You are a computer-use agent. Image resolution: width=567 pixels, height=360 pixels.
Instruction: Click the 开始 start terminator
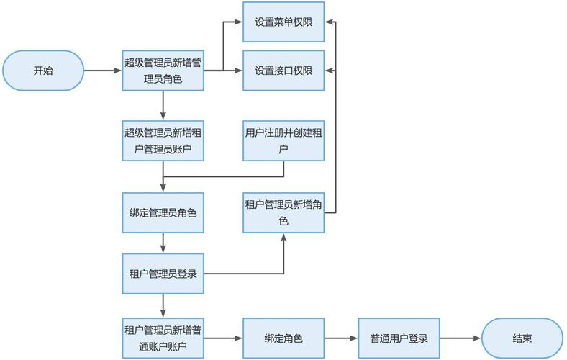(x=43, y=71)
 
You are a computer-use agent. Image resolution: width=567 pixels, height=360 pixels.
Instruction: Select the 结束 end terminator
(x=522, y=338)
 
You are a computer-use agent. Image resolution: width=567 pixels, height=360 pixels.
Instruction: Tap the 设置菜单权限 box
(x=283, y=22)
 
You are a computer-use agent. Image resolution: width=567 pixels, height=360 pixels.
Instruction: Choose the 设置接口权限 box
(x=283, y=71)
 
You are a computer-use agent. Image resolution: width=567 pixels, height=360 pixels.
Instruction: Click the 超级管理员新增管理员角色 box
(x=163, y=71)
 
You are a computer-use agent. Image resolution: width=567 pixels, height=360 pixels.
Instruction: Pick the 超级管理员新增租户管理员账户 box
(x=163, y=140)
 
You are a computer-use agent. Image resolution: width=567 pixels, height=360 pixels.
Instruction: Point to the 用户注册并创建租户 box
(x=283, y=140)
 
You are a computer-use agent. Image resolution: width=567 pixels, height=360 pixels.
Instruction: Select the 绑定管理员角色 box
(x=163, y=213)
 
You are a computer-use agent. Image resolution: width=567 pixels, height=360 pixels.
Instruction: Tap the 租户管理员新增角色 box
(x=283, y=213)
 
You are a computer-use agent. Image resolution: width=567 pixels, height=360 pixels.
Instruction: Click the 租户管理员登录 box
(x=163, y=274)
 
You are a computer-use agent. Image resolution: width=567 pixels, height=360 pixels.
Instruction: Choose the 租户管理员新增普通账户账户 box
(x=163, y=338)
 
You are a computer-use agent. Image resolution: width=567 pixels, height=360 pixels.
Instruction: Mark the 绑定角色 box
(x=283, y=338)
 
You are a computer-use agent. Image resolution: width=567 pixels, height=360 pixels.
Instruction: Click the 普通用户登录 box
(x=399, y=338)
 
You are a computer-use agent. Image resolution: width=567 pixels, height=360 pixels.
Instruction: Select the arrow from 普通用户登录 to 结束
(x=461, y=338)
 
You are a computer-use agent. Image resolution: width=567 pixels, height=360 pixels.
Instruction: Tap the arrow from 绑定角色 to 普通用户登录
(x=341, y=338)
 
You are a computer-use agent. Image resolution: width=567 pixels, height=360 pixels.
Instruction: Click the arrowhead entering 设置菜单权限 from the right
(x=329, y=22)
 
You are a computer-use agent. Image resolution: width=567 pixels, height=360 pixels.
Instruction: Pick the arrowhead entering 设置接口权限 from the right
(x=329, y=71)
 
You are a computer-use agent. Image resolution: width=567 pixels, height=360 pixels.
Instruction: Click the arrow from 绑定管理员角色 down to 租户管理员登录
(x=163, y=243)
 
